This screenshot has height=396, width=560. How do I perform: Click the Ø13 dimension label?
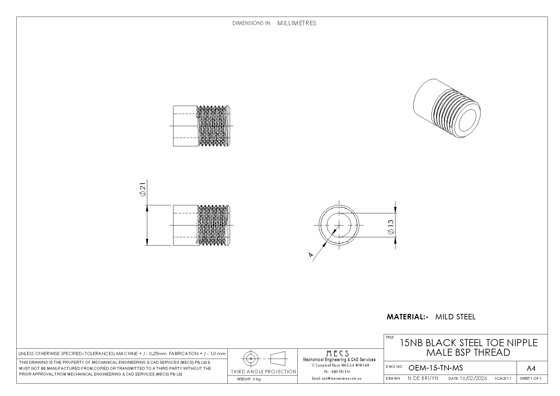point(391,227)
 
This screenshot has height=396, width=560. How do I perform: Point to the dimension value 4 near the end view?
point(310,255)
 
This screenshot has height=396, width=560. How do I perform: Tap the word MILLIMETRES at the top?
point(296,23)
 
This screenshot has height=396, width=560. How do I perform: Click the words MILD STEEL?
point(455,317)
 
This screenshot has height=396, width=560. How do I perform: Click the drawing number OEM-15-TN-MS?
point(435,368)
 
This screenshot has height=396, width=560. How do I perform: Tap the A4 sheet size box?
point(531,369)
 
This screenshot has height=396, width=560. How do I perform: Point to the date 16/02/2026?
point(473,378)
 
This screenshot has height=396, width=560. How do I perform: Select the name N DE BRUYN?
point(423,378)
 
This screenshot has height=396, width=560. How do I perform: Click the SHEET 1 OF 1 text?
point(530,379)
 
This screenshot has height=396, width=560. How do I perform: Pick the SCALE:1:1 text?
point(503,379)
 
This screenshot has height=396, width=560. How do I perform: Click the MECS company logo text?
point(337,353)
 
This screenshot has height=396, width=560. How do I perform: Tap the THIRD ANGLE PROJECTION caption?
point(263,372)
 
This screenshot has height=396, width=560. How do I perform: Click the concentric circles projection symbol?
point(251,359)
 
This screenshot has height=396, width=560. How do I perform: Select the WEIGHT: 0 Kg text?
point(249,379)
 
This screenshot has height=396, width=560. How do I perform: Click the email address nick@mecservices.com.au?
point(337,378)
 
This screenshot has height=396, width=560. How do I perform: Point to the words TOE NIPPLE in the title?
point(511,343)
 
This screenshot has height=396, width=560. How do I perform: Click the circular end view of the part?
point(339,225)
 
